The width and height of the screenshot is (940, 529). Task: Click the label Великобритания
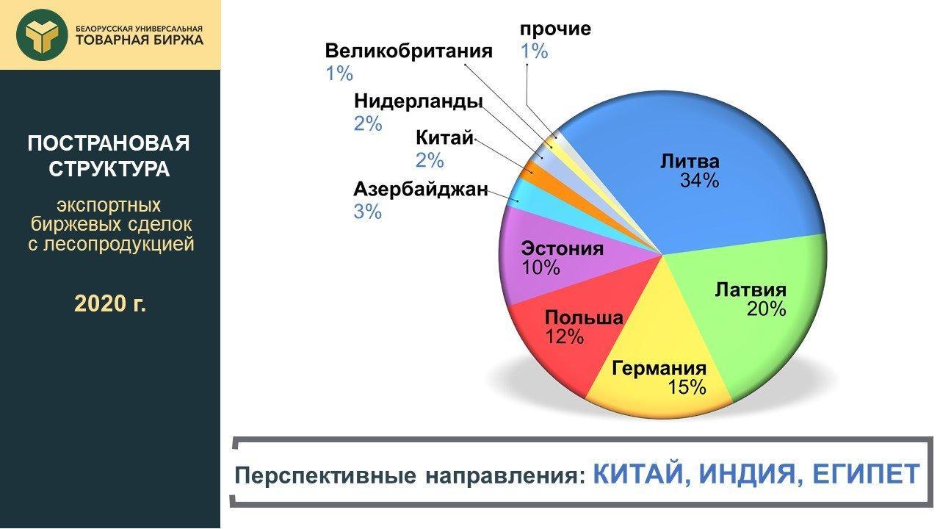coord(408,51)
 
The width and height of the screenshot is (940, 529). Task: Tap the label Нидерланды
coord(418,101)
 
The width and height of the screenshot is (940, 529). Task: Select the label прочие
coord(555,29)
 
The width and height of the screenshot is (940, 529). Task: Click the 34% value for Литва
coord(700,181)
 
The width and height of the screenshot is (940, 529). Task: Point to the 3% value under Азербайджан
coord(368,211)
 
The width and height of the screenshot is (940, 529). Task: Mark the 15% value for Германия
coord(687,386)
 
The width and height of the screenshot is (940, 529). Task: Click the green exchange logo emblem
coord(42,35)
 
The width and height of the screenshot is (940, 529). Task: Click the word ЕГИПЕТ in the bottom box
coord(866,474)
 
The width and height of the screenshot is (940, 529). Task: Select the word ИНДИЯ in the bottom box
coord(751,475)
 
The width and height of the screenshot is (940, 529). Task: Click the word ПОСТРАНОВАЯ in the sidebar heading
coord(109,143)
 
